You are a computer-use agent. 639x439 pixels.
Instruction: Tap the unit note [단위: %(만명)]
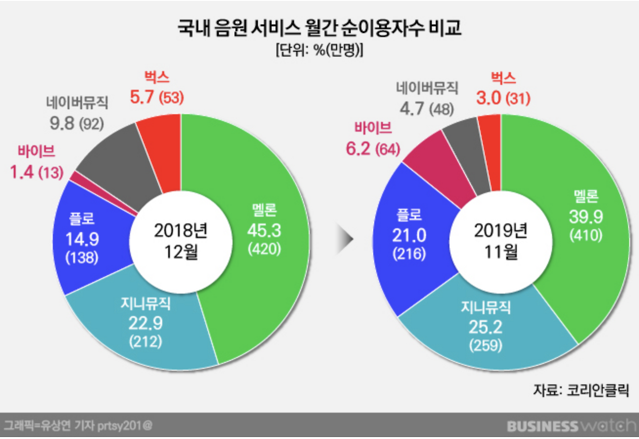point(319,51)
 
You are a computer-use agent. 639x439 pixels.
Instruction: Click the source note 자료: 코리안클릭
point(581,390)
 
